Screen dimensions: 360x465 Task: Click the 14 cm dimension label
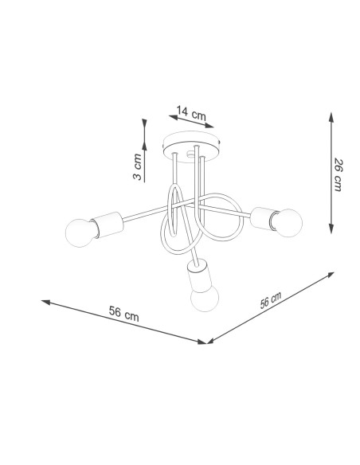[191, 113]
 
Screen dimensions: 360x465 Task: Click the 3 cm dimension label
[137, 166]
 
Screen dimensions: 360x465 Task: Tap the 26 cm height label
[338, 175]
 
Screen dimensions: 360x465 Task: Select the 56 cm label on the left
[123, 314]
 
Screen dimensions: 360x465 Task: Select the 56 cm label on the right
[271, 300]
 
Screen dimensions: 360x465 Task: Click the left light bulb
[80, 232]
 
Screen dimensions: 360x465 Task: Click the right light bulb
[287, 223]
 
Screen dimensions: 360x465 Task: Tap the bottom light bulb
[205, 297]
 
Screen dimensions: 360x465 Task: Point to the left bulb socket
[108, 225]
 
